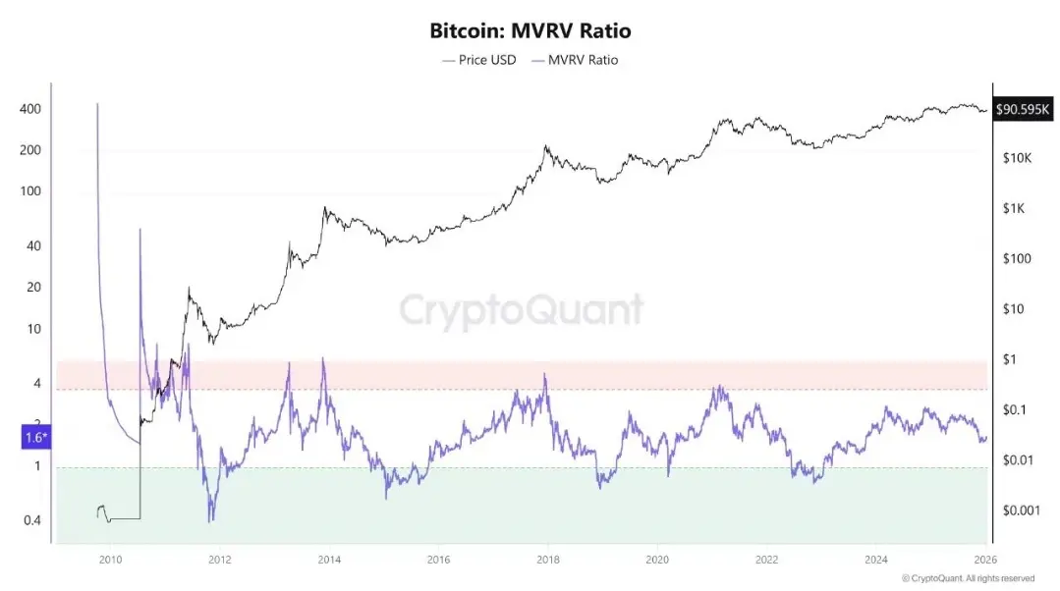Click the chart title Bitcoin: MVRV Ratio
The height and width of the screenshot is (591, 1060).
(530, 30)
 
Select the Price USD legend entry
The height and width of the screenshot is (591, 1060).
(479, 60)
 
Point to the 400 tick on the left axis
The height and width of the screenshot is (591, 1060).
(30, 109)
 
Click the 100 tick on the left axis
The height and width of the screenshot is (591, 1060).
(30, 191)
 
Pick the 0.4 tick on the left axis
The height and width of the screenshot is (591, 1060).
(32, 520)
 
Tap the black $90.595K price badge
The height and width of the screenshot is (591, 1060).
(1024, 110)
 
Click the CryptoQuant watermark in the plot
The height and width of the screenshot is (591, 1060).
(521, 310)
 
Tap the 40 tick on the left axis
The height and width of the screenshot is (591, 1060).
(32, 246)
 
